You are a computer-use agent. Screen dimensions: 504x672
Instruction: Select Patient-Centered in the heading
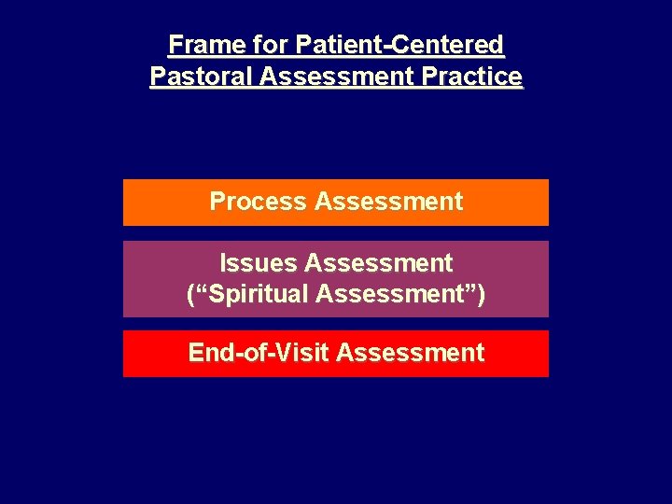tap(399, 45)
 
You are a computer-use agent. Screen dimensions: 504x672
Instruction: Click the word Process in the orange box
tap(258, 202)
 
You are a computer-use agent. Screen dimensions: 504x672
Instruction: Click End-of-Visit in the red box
tap(259, 353)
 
